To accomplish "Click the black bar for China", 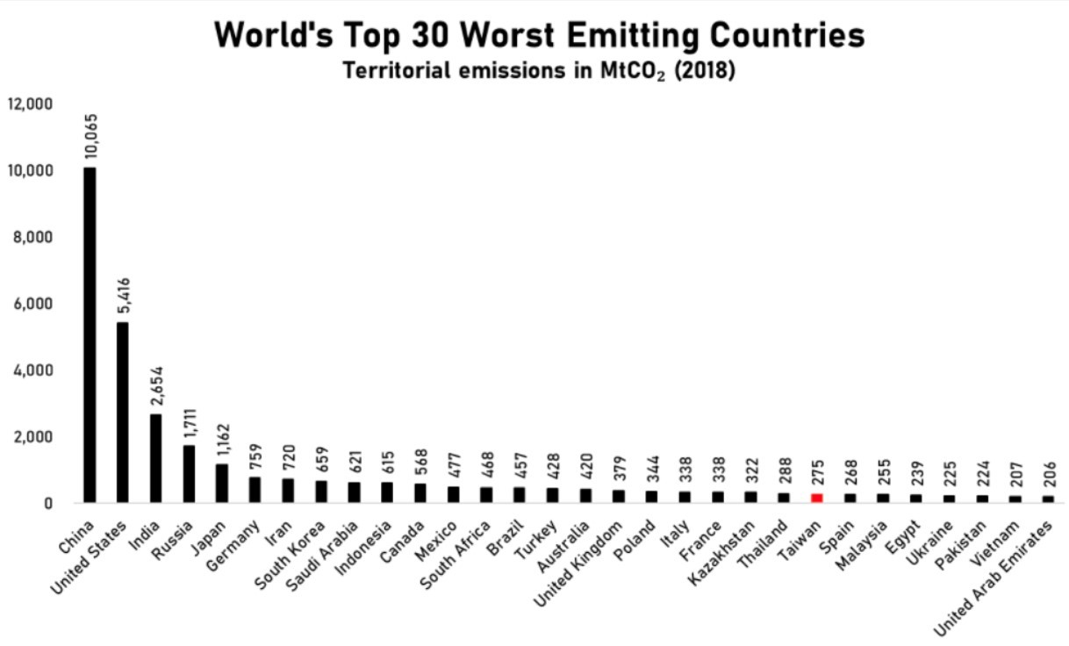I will tap(90, 334).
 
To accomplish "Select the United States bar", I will tap(123, 412).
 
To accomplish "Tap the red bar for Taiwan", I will tap(817, 498).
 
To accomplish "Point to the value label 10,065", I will tap(90, 137).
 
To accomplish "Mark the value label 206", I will tap(1049, 473).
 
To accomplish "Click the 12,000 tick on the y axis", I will tap(31, 104).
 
